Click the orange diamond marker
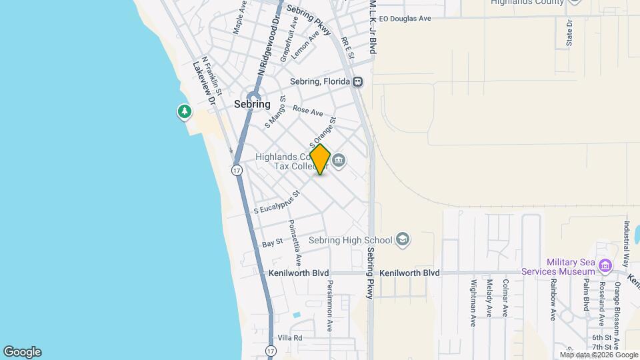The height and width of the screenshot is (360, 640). [320, 159]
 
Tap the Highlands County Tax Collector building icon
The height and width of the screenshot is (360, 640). [339, 160]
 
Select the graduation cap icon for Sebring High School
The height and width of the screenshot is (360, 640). [402, 239]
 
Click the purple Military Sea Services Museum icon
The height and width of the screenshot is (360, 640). [605, 267]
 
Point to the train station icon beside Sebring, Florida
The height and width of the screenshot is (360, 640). [359, 81]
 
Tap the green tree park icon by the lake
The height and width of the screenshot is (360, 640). [184, 111]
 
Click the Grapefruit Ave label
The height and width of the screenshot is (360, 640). [289, 44]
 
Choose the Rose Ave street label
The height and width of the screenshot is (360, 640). [308, 111]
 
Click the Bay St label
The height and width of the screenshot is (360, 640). [273, 243]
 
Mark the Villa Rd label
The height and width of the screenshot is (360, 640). [290, 338]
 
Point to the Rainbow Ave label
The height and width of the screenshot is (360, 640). [553, 296]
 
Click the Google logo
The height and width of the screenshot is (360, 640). [22, 352]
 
